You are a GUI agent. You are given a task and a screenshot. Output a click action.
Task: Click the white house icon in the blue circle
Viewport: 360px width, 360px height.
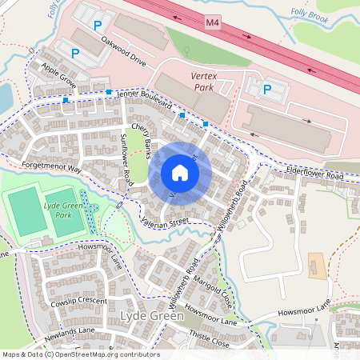tap(180, 173)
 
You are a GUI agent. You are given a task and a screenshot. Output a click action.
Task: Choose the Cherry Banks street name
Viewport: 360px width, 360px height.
tap(142, 136)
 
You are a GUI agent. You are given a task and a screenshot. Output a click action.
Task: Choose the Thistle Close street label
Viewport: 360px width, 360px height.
tap(210, 342)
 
